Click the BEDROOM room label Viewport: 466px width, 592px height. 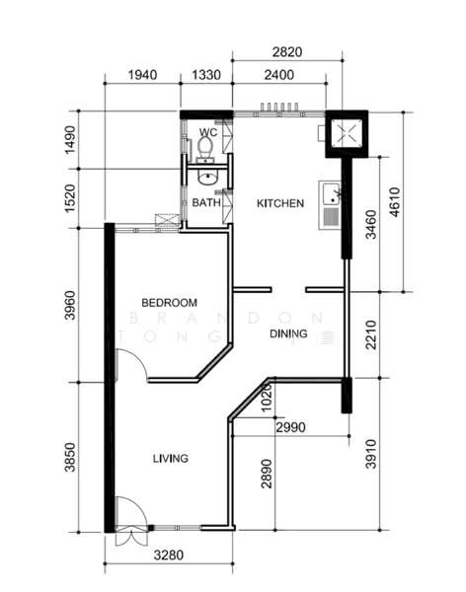[169, 302]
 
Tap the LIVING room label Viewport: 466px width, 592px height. [170, 458]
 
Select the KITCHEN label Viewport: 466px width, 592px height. [280, 203]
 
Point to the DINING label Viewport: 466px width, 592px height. [288, 334]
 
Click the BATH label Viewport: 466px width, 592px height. [205, 203]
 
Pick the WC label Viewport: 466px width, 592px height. [207, 132]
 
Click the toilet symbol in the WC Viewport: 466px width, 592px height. [205, 148]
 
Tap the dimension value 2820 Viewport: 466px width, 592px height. [286, 51]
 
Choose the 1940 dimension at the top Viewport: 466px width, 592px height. [142, 76]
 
